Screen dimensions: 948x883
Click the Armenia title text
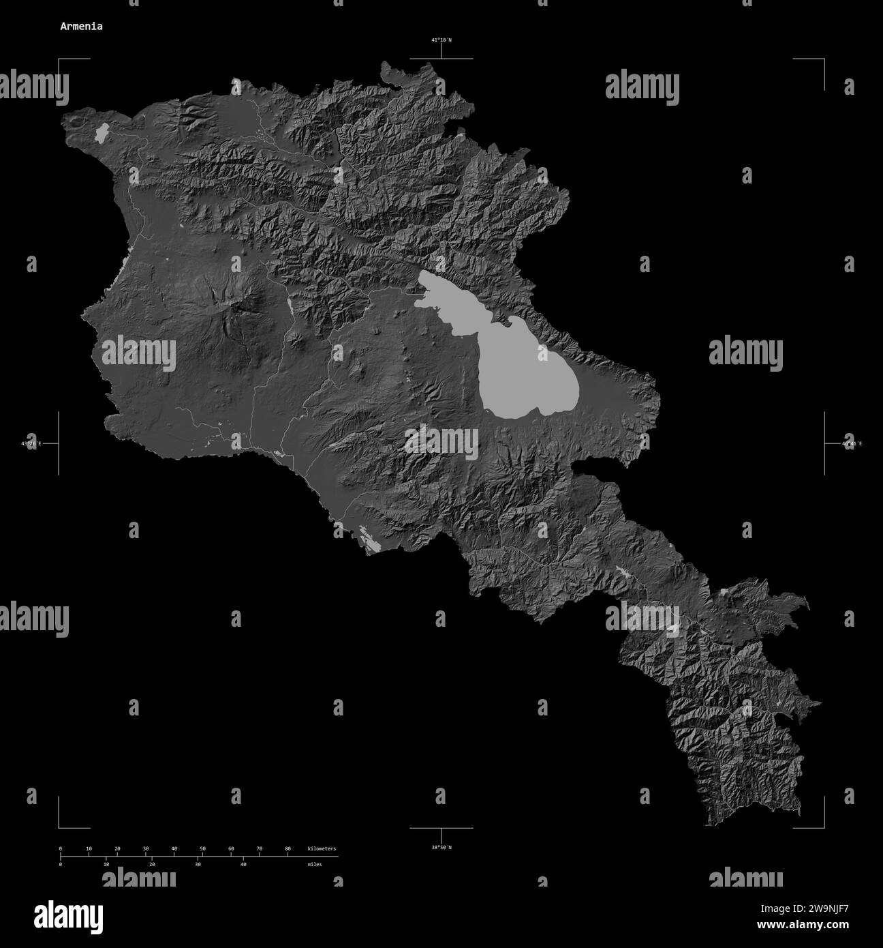coord(81,27)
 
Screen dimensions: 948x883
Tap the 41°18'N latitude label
coord(441,40)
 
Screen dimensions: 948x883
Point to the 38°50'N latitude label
coord(441,848)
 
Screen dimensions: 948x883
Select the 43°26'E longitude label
coord(31,444)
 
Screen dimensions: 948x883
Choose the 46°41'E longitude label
coord(852,444)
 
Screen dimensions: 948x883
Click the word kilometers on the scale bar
coord(322,848)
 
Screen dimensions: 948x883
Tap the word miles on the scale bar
coord(314,864)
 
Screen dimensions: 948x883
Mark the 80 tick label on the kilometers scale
coord(288,848)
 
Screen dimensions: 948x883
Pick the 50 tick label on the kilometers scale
coord(202,848)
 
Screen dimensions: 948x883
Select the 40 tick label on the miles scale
coord(243,864)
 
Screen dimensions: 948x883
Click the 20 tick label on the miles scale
coord(152,864)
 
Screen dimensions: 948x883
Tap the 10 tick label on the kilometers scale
coord(89,848)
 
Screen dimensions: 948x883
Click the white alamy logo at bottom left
coord(68,915)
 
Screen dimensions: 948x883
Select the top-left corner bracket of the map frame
coord(59,60)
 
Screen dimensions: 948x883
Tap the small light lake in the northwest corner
coord(103,133)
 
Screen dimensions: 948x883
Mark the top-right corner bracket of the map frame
coord(824,60)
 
